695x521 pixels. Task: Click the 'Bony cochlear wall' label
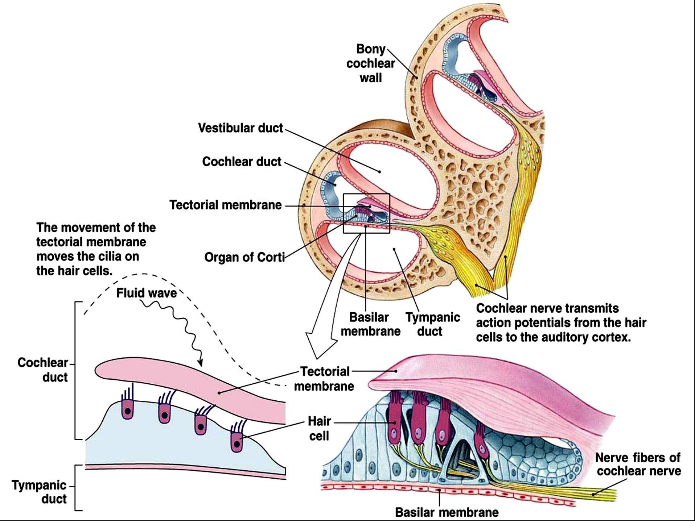point(370,63)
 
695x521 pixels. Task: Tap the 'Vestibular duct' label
point(240,128)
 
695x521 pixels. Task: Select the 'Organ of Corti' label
point(244,257)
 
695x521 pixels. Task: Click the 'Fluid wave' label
point(147,293)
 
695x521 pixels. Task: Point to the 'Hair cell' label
point(319,428)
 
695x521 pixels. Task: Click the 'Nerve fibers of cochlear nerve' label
point(638,464)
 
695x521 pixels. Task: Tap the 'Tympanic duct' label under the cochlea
point(433,324)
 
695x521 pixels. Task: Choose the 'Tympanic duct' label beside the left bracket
point(39,492)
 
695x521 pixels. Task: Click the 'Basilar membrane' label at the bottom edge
point(447,512)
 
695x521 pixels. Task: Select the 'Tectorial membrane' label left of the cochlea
point(225,205)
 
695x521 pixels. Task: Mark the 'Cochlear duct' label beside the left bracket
point(43,370)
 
